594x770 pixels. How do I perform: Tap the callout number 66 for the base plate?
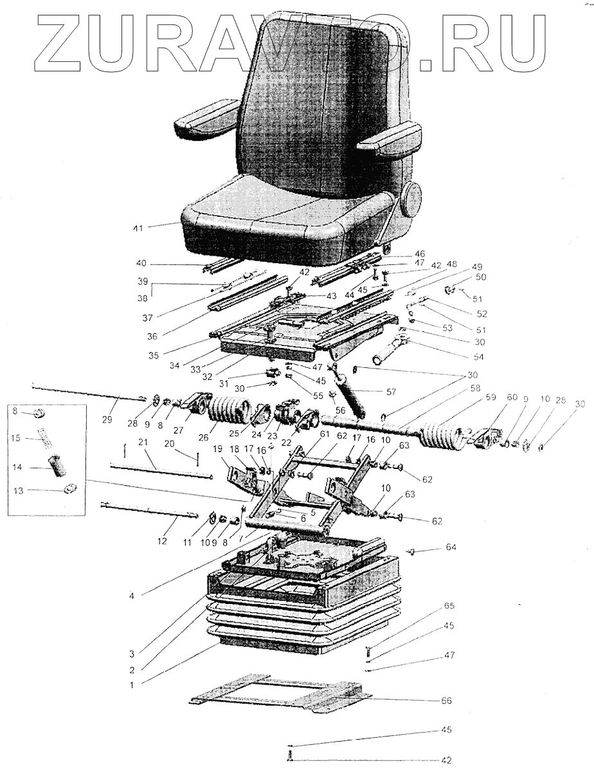[446, 701]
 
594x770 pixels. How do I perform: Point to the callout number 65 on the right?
[449, 606]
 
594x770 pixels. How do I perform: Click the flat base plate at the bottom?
[283, 697]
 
